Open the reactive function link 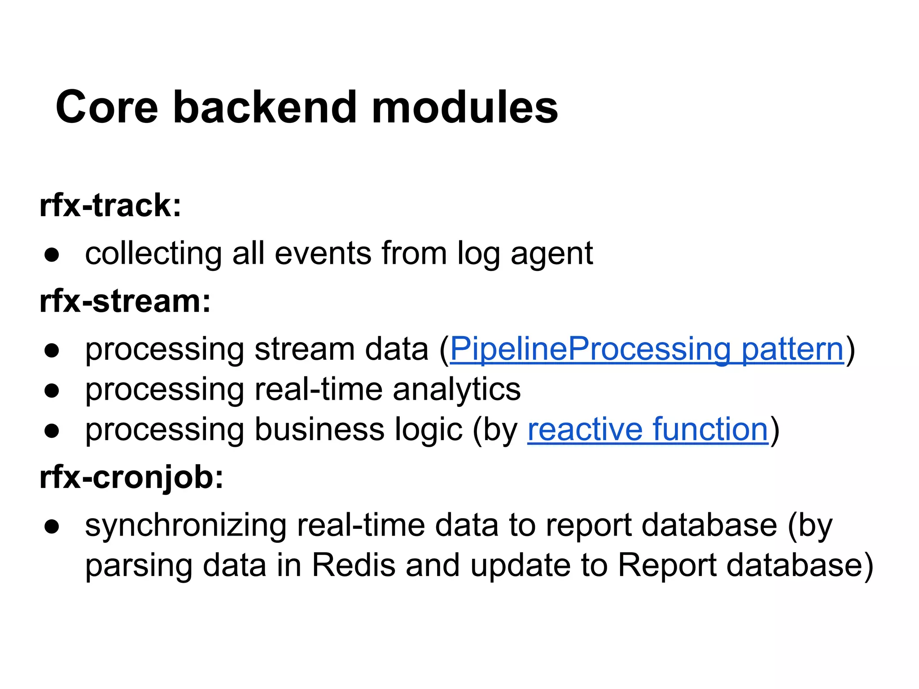click(648, 429)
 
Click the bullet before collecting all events click(52, 254)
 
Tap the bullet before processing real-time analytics click(52, 390)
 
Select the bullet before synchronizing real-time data click(52, 526)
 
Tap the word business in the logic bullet click(319, 429)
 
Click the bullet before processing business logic click(52, 430)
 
